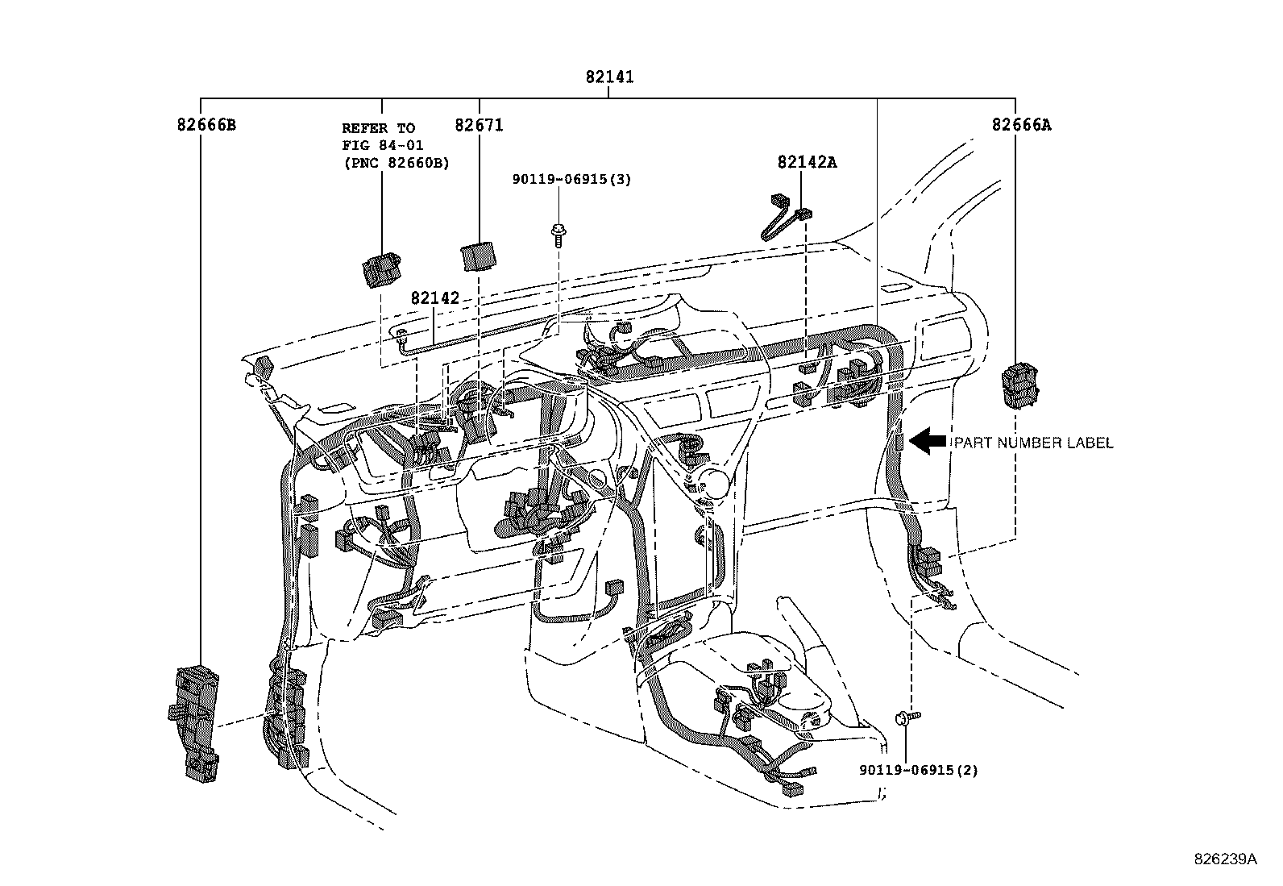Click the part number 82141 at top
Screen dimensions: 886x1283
pyautogui.click(x=609, y=77)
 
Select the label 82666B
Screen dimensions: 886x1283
pyautogui.click(x=206, y=125)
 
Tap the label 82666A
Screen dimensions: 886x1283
pyautogui.click(x=1021, y=125)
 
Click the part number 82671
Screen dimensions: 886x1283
pyautogui.click(x=479, y=125)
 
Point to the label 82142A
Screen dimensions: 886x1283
pyautogui.click(x=807, y=162)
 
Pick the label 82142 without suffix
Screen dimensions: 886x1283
pyautogui.click(x=434, y=298)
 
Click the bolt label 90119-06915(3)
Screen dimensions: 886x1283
pyautogui.click(x=571, y=179)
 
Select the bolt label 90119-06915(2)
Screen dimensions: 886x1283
pyautogui.click(x=918, y=770)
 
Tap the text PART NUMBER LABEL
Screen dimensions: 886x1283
pyautogui.click(x=1034, y=443)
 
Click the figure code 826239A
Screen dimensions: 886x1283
pyautogui.click(x=1225, y=859)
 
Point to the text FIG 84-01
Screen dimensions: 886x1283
pyautogui.click(x=383, y=145)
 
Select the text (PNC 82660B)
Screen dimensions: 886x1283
pyautogui.click(x=396, y=162)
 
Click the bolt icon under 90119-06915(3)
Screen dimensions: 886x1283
pyautogui.click(x=557, y=234)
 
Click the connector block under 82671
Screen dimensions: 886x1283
pyautogui.click(x=479, y=256)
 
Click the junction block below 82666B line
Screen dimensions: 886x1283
pyautogui.click(x=195, y=722)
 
